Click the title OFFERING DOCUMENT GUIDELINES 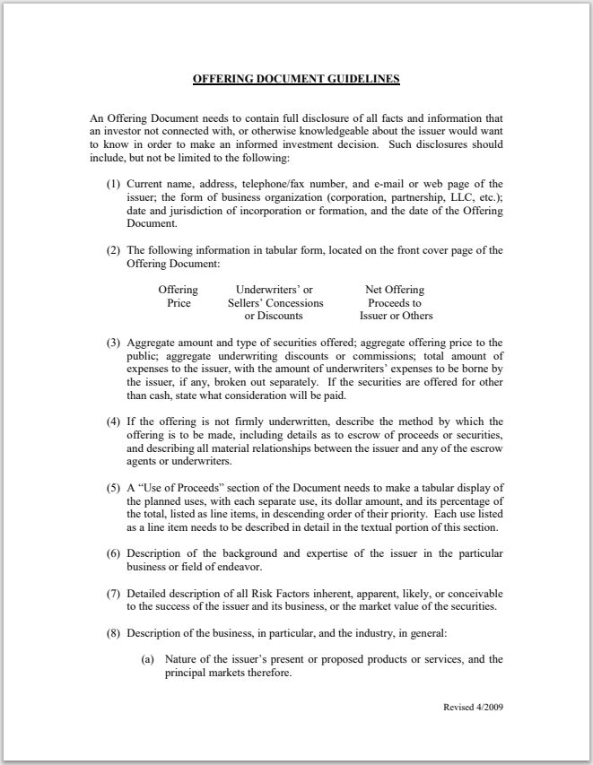coord(296,79)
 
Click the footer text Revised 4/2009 coord(473,707)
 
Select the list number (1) coord(114,184)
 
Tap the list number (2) coord(114,250)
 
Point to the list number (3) coord(114,343)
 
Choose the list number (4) coord(114,422)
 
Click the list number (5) coord(114,489)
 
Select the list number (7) coord(114,595)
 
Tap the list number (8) coord(114,634)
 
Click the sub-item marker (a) coord(145,660)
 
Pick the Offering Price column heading coord(179,297)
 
